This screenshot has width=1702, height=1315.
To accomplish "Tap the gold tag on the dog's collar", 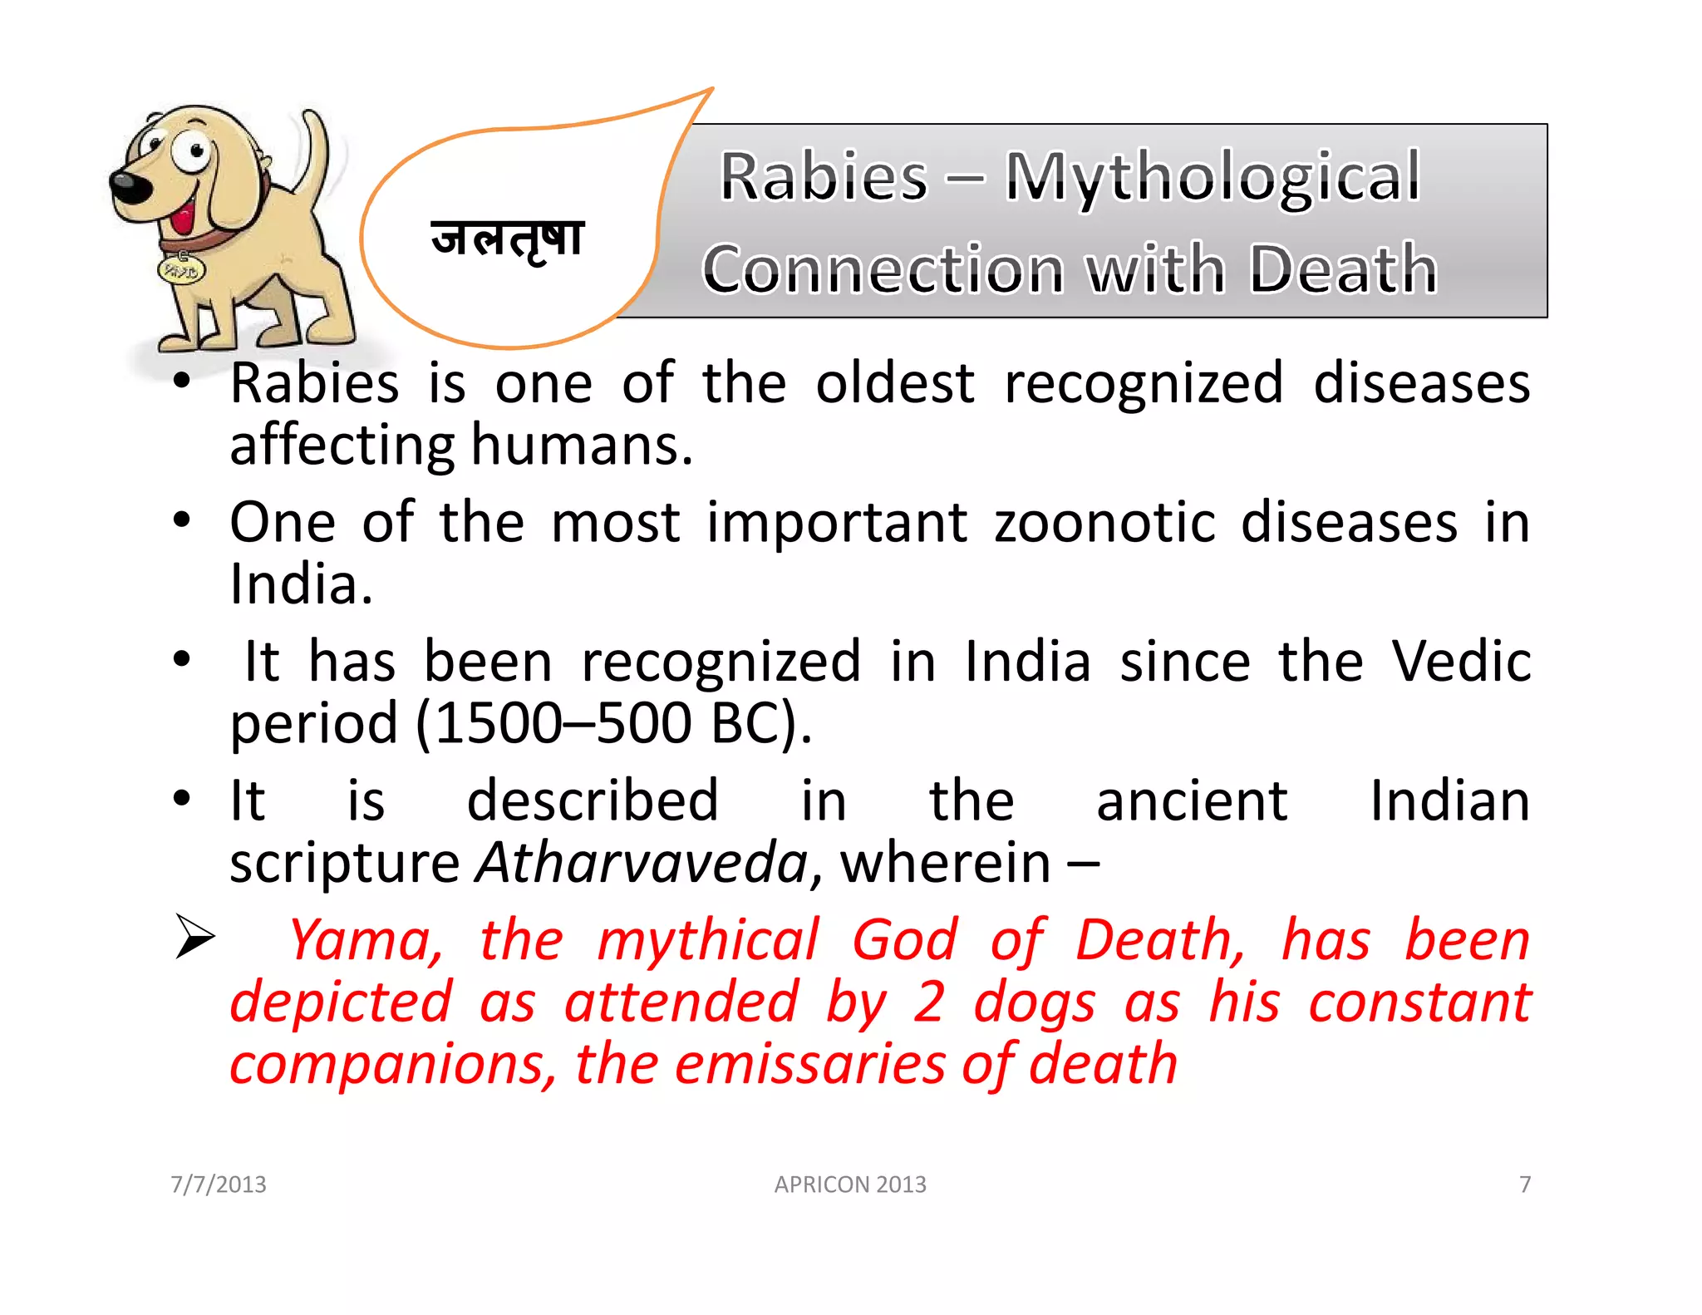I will click(x=181, y=270).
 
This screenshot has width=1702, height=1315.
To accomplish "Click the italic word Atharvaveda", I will click(x=642, y=863).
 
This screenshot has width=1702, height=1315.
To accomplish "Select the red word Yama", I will click(x=366, y=940).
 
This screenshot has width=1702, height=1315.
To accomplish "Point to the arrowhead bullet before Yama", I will click(x=195, y=936).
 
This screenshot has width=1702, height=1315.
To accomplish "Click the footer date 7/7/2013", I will click(x=219, y=1184).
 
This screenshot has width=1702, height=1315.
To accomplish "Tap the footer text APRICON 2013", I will click(x=850, y=1184).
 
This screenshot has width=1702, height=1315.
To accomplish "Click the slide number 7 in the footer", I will click(x=1525, y=1184).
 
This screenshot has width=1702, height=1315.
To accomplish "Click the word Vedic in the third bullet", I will click(x=1461, y=662).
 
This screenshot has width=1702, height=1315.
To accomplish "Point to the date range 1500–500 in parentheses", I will click(x=563, y=723).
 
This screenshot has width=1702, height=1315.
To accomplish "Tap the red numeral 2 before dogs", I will click(x=928, y=1002).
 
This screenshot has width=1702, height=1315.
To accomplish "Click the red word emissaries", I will click(x=809, y=1065).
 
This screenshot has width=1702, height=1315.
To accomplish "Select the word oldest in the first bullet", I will click(x=894, y=384).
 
